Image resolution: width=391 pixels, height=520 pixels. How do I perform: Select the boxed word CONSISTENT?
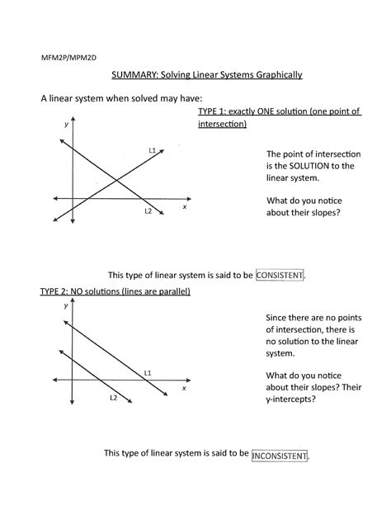tap(280, 275)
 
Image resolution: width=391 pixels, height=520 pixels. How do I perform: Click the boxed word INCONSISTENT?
tap(280, 455)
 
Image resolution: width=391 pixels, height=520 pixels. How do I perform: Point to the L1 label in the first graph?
tap(153, 150)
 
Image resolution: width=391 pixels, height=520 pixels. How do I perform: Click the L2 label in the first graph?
tap(148, 211)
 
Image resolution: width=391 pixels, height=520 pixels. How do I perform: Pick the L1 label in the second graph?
tap(148, 373)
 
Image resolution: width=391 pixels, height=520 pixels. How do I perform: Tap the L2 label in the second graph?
tap(114, 398)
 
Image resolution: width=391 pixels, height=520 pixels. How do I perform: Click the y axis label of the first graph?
tap(65, 124)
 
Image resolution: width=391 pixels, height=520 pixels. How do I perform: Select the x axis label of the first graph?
tap(185, 207)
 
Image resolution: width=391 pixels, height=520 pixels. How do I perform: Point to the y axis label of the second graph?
tap(65, 305)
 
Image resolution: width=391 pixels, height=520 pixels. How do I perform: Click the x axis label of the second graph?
tap(184, 387)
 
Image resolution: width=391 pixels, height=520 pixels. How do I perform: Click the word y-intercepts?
tap(292, 399)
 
